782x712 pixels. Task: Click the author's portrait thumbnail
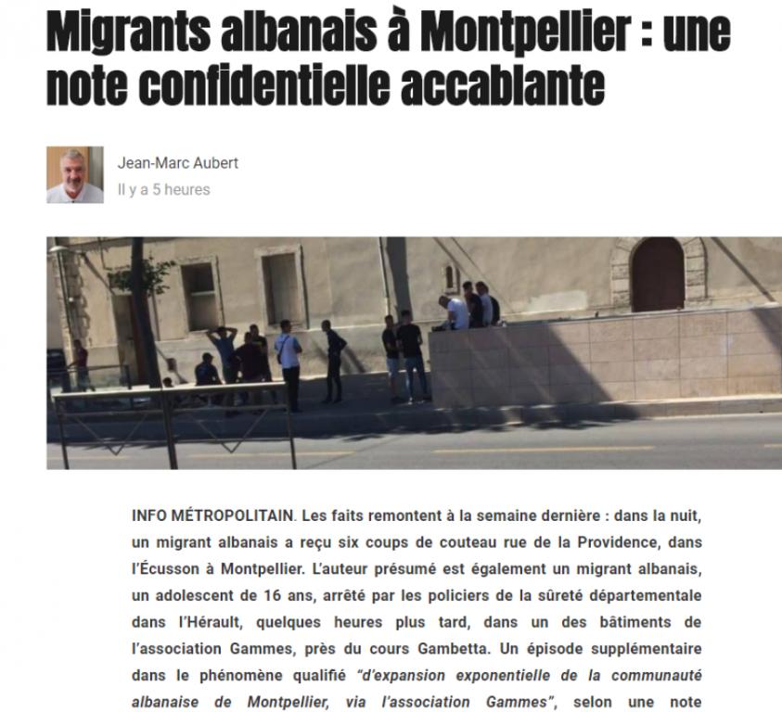click(75, 174)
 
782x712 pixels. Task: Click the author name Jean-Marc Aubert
click(177, 163)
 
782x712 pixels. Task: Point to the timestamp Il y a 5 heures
click(163, 190)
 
